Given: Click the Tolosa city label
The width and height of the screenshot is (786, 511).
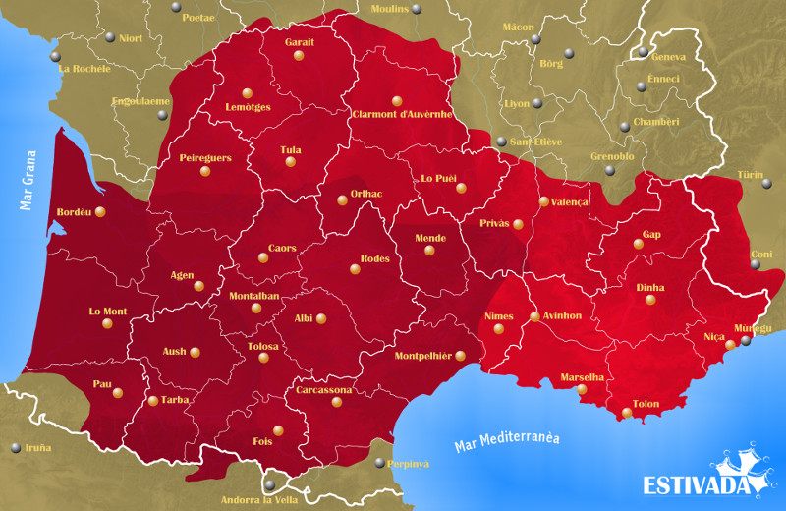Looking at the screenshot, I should coord(262,346).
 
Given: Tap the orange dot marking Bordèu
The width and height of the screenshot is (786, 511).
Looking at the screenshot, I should coord(99,212).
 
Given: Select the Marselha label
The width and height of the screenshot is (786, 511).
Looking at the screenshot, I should coord(582,377).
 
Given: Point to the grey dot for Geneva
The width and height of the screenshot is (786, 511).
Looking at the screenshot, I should coord(643,51).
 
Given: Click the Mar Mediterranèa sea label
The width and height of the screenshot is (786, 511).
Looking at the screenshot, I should coord(507,440).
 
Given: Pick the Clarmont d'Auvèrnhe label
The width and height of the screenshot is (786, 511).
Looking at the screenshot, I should coord(401,114).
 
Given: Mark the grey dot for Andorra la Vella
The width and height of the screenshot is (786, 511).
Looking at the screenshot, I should coord(269,484).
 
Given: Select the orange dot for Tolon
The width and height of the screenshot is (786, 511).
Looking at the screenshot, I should coord(627,413).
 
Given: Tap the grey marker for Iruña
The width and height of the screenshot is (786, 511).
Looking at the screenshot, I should coord(15,448).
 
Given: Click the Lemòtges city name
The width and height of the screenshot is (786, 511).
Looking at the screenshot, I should coord(248,107).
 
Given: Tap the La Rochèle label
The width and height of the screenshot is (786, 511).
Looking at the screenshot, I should coord(84,70).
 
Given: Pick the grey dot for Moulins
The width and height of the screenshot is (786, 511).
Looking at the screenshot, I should coord(417,10).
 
